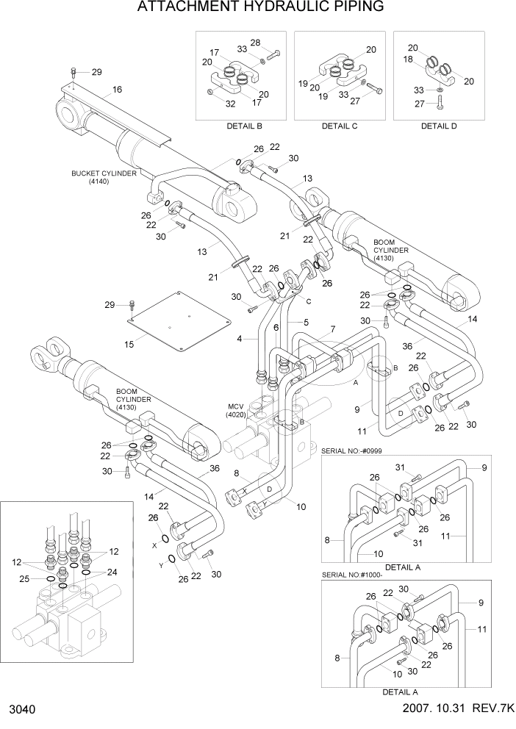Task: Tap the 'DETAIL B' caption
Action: click(x=243, y=126)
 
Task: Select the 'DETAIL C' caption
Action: click(x=340, y=126)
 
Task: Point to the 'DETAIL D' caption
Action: click(x=439, y=126)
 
